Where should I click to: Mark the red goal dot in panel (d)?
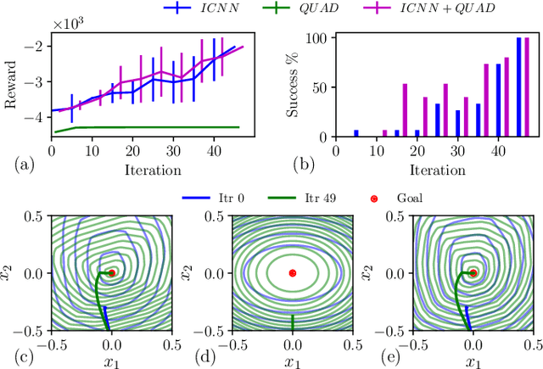(293, 273)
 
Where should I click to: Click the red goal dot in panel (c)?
(112, 273)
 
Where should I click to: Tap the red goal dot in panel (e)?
(473, 273)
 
